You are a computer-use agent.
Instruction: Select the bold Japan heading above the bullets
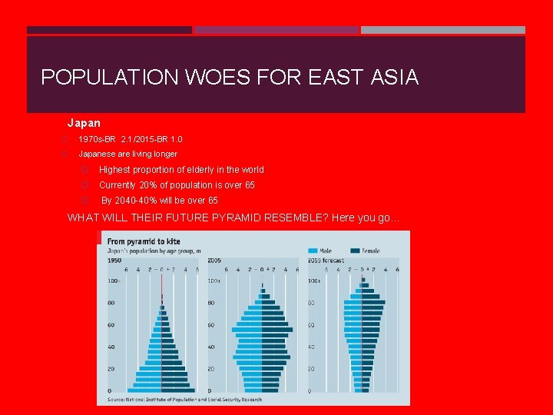pyautogui.click(x=84, y=123)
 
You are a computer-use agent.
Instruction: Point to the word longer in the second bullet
pyautogui.click(x=163, y=154)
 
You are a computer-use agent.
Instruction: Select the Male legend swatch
pyautogui.click(x=313, y=251)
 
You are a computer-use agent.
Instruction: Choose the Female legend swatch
pyautogui.click(x=355, y=251)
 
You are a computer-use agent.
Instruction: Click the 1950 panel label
pyautogui.click(x=114, y=261)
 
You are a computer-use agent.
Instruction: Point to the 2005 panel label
pyautogui.click(x=214, y=261)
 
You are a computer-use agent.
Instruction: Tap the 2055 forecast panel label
pyautogui.click(x=326, y=261)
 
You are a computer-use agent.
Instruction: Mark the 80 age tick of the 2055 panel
pyautogui.click(x=311, y=303)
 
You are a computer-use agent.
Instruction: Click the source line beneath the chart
pyautogui.click(x=184, y=400)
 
